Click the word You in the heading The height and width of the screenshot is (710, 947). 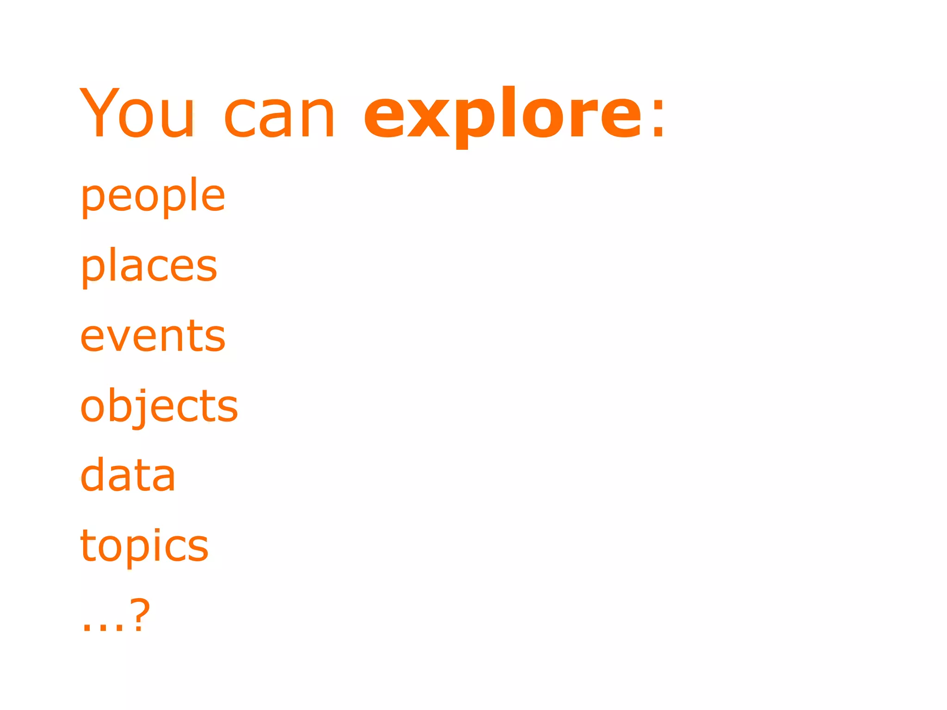(x=137, y=113)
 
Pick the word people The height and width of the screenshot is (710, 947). (x=153, y=196)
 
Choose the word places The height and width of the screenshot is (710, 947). (x=148, y=267)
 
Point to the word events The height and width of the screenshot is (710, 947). (x=153, y=337)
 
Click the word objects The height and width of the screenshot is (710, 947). (x=159, y=407)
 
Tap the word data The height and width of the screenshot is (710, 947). (x=128, y=476)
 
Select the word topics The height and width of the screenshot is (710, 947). (x=144, y=547)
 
